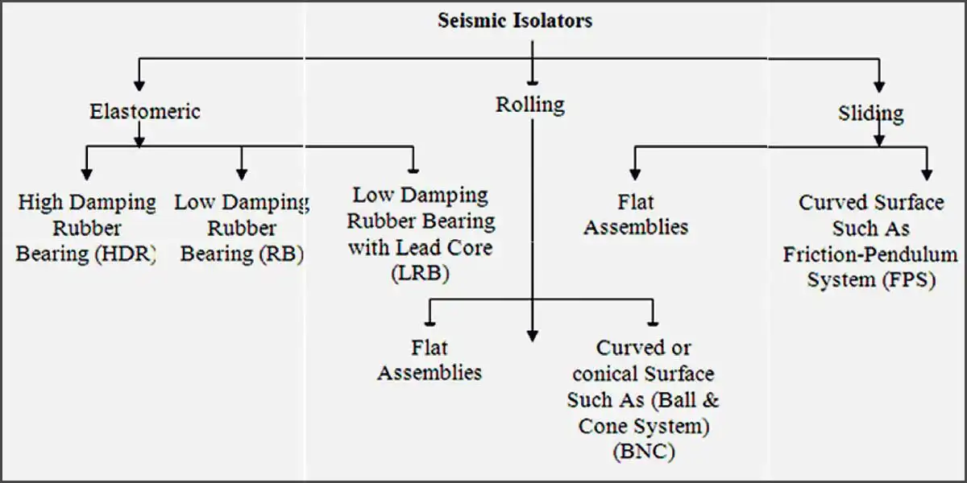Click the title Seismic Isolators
click(515, 20)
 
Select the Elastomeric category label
click(144, 112)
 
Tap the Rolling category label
click(529, 104)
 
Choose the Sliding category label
click(870, 113)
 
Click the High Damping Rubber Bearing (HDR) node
click(86, 228)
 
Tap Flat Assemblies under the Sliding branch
click(636, 215)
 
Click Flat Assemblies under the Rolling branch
click(430, 360)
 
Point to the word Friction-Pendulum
click(870, 255)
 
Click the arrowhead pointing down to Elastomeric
click(139, 83)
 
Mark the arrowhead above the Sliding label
click(879, 84)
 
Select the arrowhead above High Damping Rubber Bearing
click(86, 173)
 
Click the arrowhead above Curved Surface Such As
click(927, 173)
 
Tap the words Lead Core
click(454, 247)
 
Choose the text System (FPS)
click(871, 281)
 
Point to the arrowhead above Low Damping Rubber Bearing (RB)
click(241, 173)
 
